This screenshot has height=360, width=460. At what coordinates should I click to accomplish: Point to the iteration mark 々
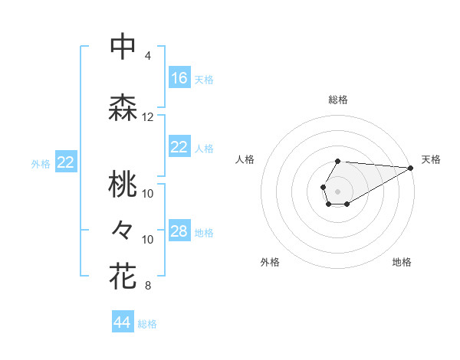click(x=123, y=229)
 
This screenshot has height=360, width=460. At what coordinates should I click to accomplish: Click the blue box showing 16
click(x=179, y=78)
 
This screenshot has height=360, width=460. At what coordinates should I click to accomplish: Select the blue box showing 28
click(x=179, y=231)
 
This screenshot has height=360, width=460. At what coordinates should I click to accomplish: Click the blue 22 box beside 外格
click(x=66, y=162)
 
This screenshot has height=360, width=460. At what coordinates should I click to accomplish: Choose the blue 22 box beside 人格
click(x=179, y=147)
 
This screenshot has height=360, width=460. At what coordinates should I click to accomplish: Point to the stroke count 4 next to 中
click(x=148, y=56)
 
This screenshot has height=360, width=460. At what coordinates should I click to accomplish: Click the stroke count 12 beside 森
click(x=148, y=117)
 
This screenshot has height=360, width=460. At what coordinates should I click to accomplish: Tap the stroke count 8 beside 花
click(x=148, y=286)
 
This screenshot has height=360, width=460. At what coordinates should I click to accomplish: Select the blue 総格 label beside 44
click(x=147, y=324)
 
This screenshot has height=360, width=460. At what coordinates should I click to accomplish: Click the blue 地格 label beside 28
click(x=204, y=232)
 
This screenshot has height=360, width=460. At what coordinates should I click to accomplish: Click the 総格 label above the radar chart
click(x=337, y=100)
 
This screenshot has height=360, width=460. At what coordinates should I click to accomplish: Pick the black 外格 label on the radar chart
click(x=270, y=262)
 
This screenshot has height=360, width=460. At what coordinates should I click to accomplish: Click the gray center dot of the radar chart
click(x=337, y=190)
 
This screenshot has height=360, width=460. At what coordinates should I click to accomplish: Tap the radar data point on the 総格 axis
click(x=337, y=161)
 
